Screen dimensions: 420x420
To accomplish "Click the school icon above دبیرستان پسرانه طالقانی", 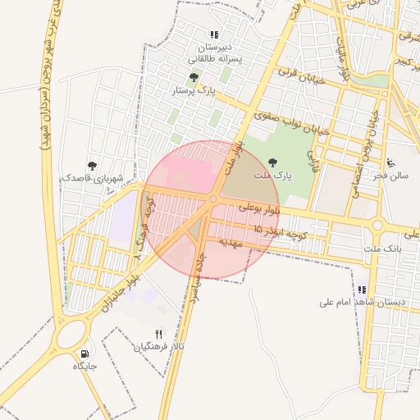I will (x=214, y=35).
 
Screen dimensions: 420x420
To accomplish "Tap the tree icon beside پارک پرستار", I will (x=194, y=78).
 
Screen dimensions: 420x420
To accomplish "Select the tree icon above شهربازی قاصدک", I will (x=92, y=166).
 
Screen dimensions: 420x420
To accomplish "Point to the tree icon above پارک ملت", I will (x=272, y=162).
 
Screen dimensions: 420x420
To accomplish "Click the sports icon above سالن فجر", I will (x=391, y=163).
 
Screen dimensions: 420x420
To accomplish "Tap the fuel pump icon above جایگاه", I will (x=84, y=354).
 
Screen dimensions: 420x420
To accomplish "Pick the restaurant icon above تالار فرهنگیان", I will (x=159, y=335).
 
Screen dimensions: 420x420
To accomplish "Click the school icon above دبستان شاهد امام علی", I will (x=362, y=290).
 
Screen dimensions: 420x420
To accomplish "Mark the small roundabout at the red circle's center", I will (x=213, y=199).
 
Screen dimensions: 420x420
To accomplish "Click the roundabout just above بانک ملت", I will (x=378, y=224).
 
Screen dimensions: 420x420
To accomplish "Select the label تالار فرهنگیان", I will (x=160, y=347).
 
